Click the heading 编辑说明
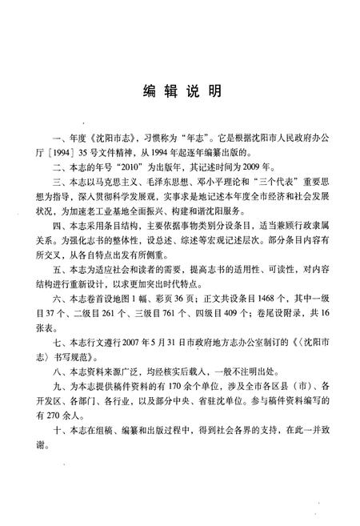pos(181,92)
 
